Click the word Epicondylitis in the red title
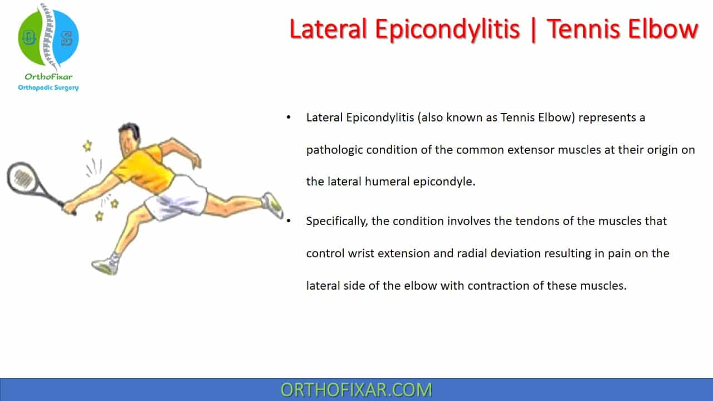point(447,30)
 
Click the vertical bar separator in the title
point(533,30)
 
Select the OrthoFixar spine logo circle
point(48,37)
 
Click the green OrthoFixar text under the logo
point(48,77)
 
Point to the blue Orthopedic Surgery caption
point(48,87)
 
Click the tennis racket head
point(22,178)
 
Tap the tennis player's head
point(129,138)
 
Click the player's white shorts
point(177,198)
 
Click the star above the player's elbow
point(87,146)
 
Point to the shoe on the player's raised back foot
point(272,206)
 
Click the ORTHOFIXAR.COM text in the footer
point(356,390)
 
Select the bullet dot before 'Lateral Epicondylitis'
point(289,118)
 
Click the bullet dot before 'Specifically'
point(289,221)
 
